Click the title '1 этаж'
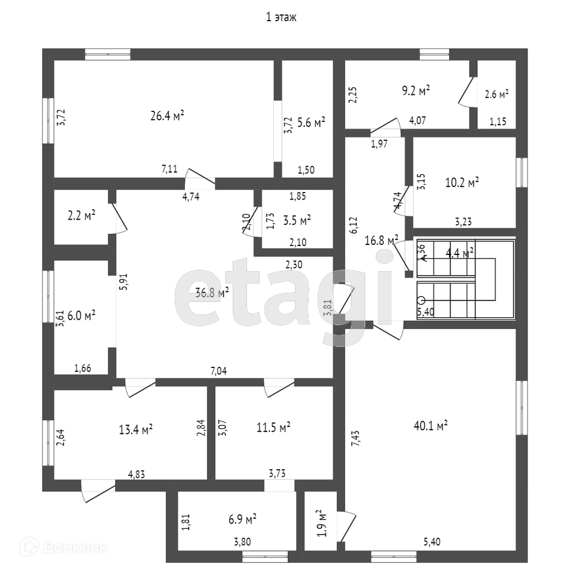281,17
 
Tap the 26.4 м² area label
167,116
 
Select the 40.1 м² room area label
432,425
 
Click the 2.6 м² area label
497,94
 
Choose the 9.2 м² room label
416,91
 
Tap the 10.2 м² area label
462,183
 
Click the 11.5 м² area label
273,426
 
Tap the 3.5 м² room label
296,220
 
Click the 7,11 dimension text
169,169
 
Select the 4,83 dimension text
137,474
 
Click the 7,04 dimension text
218,371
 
